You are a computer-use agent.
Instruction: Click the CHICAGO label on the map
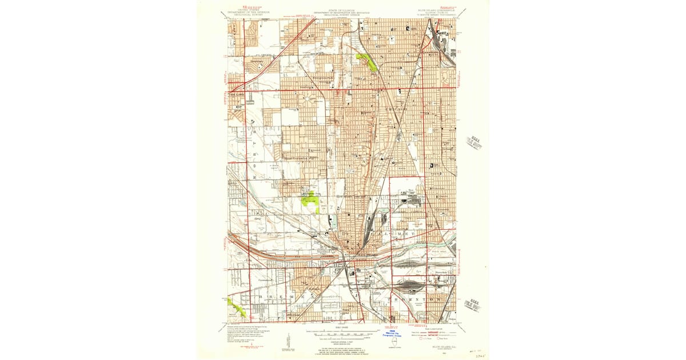point(397,109)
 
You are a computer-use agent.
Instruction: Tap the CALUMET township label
point(394,234)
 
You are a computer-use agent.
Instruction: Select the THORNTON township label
point(417,299)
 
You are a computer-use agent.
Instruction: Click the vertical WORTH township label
point(252,149)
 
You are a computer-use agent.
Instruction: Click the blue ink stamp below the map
point(393,334)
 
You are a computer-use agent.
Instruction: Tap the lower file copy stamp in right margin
point(474,305)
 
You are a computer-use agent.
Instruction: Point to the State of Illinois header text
point(341,11)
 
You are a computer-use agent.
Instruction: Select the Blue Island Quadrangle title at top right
point(441,11)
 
